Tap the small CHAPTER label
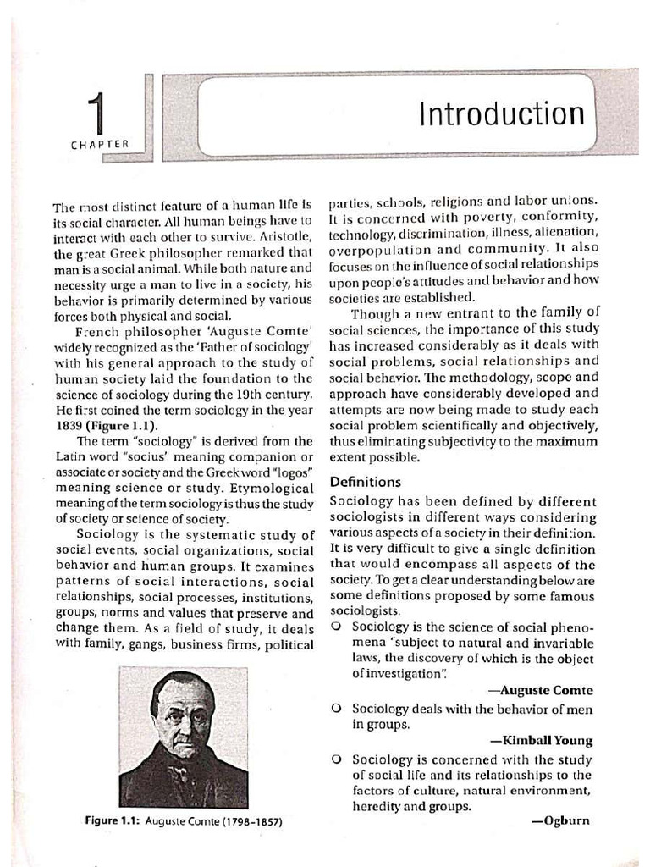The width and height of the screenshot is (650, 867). pos(100,145)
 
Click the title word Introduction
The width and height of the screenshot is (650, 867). pos(502,114)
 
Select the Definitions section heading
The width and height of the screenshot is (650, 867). pos(365,482)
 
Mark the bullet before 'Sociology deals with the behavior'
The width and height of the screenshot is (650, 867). pos(337,709)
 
